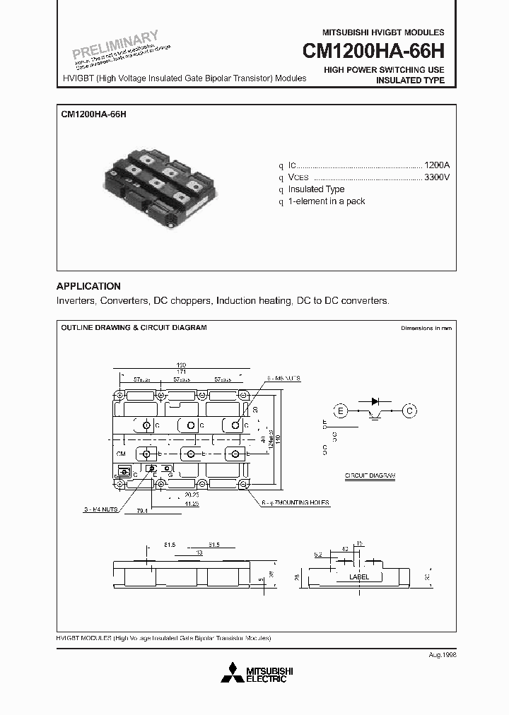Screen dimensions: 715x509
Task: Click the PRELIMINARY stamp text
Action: (x=116, y=45)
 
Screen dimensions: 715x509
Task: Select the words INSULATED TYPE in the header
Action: (x=409, y=81)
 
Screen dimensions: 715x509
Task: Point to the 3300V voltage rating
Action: (x=436, y=176)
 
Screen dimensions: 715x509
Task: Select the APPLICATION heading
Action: (x=88, y=286)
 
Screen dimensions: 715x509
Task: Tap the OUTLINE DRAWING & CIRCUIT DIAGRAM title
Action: (x=134, y=328)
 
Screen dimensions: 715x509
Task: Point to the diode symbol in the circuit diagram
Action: (x=375, y=401)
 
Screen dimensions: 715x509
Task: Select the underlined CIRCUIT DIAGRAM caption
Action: (x=370, y=475)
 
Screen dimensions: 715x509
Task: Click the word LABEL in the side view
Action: (x=359, y=577)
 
